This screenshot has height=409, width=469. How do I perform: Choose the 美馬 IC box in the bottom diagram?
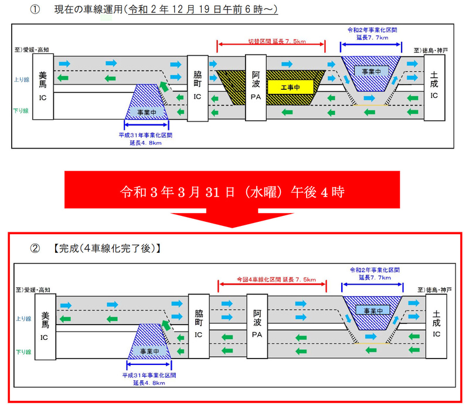point(45,326)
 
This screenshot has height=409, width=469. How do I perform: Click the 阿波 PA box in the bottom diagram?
point(257,326)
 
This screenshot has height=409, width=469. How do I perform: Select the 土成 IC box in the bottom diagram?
point(436,326)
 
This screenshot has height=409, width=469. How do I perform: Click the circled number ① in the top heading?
point(36,10)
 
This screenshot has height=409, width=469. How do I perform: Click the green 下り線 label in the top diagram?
point(22,109)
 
